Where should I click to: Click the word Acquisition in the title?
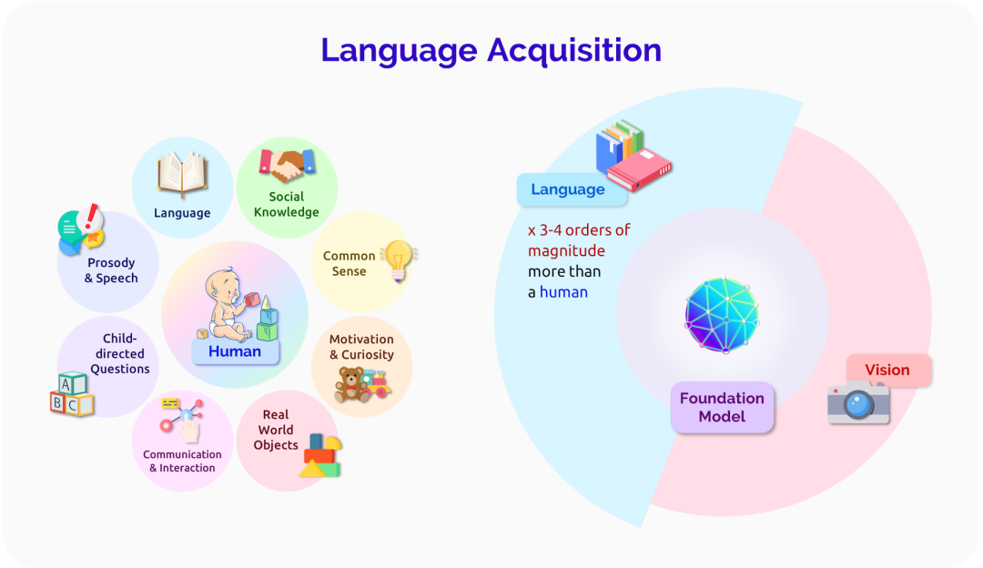[x=574, y=50]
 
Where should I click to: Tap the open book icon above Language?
[x=182, y=175]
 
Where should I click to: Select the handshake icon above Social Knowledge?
[x=287, y=167]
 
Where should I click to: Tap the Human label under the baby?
[x=235, y=351]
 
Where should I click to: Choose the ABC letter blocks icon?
[x=71, y=394]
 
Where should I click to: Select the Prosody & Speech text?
[x=111, y=270]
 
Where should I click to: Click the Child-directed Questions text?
[x=119, y=354]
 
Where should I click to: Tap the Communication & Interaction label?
[x=182, y=461]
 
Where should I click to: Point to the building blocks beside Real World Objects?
[x=320, y=455]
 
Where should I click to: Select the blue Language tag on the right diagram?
[x=568, y=189]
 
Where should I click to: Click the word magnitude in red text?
[x=566, y=250]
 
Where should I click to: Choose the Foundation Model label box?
[x=722, y=407]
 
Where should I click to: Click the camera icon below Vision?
[x=857, y=403]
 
